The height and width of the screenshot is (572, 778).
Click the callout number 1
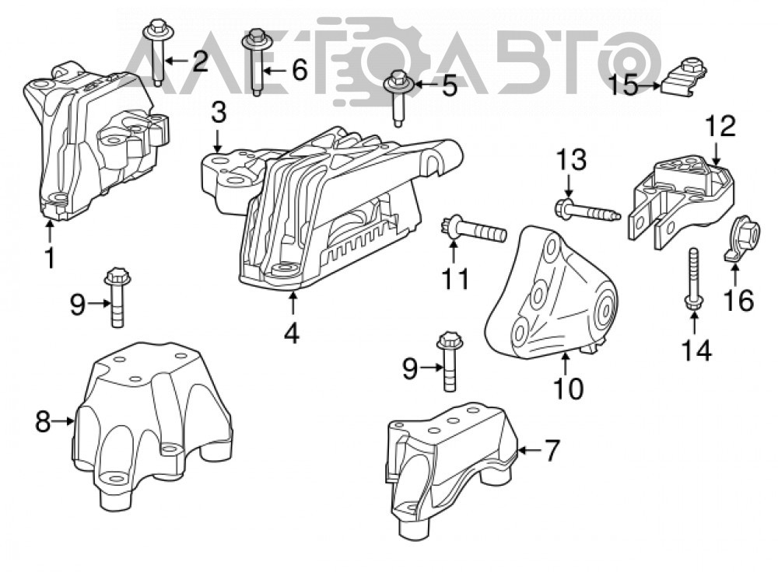pos(50,258)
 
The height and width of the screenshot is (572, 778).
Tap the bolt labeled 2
pos(158,52)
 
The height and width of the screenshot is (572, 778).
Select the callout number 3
pos(218,113)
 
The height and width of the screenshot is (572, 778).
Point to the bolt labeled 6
pos(256,62)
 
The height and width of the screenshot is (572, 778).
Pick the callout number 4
pos(292,333)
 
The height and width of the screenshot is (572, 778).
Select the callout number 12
pos(721,126)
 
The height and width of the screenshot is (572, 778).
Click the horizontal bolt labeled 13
pos(587,210)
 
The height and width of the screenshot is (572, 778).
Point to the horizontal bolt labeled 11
pos(473,230)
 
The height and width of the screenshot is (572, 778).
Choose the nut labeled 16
pos(741,237)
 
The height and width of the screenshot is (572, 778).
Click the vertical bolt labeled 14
pos(692,280)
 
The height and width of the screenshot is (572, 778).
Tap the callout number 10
pos(569,388)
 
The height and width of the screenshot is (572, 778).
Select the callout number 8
pos(43,422)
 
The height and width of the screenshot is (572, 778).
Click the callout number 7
pos(552,451)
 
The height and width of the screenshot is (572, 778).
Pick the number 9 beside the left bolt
pos(77,304)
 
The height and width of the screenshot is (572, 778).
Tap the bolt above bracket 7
pos(449,361)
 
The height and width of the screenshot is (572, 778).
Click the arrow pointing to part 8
pos(64,422)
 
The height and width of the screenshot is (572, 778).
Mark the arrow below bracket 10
pos(566,363)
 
